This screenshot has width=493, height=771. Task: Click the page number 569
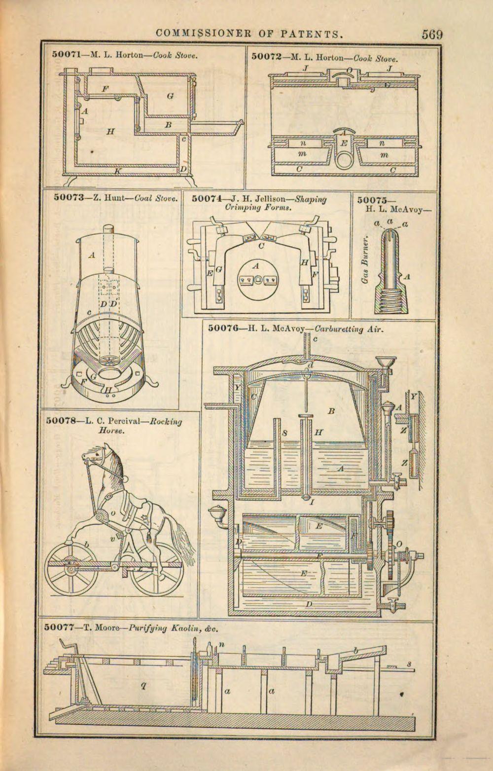(432, 35)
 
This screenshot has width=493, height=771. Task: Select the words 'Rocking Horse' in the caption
(148, 426)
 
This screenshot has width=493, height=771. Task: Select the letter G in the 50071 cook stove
(169, 96)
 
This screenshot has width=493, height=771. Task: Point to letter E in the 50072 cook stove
(344, 143)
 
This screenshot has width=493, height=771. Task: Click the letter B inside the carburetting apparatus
(331, 410)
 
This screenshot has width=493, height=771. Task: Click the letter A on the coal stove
(92, 255)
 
